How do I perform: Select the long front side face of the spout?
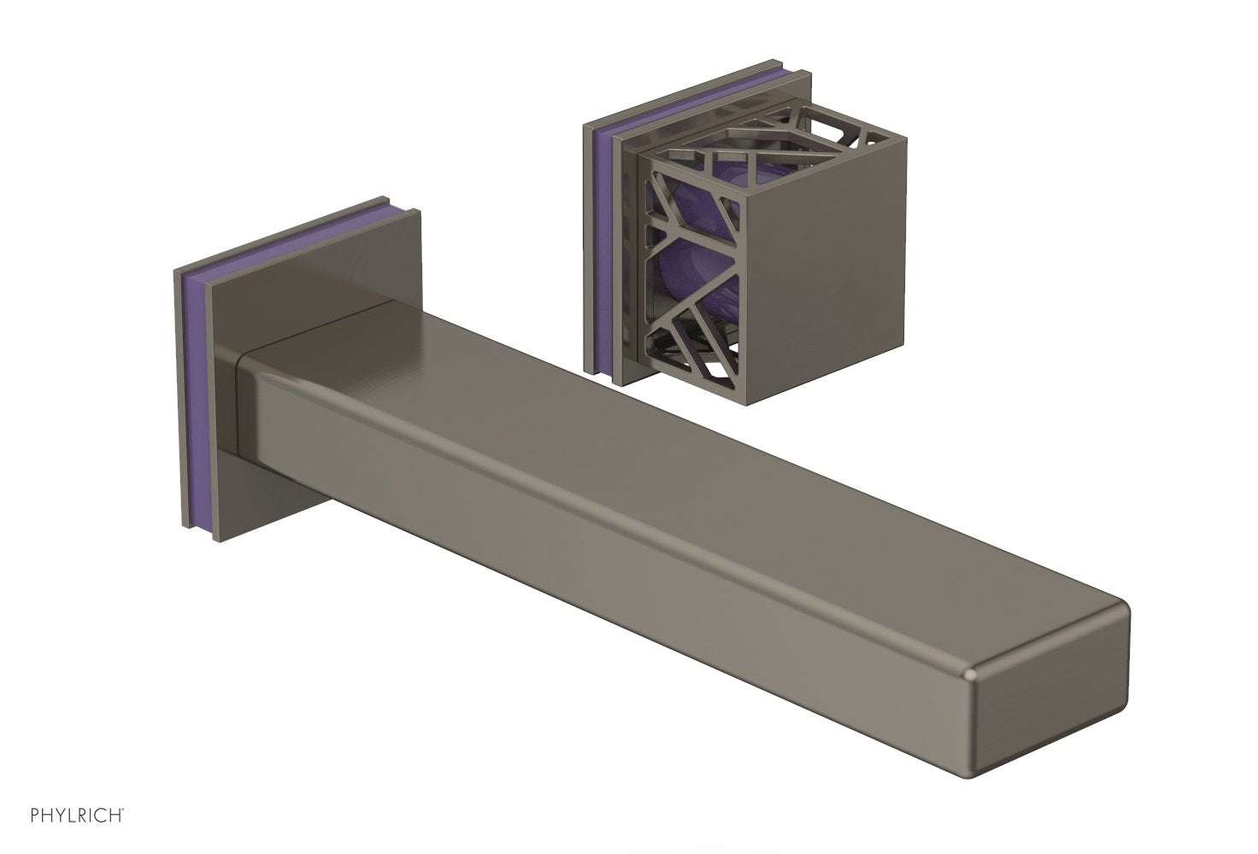(598, 547)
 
